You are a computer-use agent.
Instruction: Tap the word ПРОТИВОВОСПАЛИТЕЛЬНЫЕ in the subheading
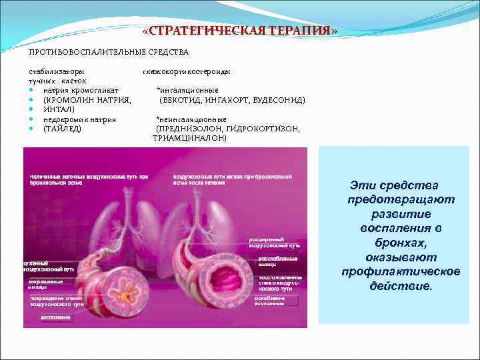pos(83,52)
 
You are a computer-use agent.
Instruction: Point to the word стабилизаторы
pos(56,71)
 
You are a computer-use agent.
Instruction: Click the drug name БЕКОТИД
pos(183,100)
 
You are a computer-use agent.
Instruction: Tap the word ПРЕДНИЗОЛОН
pos(188,129)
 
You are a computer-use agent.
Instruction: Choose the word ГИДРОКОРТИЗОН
pos(263,129)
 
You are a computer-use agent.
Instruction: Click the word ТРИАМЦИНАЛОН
pos(189,138)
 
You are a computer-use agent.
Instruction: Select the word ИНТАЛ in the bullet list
pos(59,109)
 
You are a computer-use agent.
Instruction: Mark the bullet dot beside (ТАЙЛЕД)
pos(31,129)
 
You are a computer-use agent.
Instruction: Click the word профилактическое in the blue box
pos(401,272)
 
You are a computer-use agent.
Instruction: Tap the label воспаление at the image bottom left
pos(56,317)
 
